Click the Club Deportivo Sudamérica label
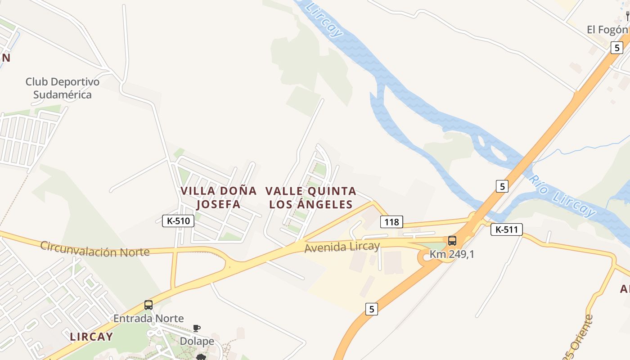click(62, 88)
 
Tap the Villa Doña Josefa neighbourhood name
click(219, 197)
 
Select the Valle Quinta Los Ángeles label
click(311, 197)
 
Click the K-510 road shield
click(178, 221)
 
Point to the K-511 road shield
click(507, 229)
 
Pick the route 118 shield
click(391, 222)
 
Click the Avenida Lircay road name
click(342, 247)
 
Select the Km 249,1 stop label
click(452, 254)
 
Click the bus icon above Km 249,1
click(452, 241)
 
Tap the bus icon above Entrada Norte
click(148, 305)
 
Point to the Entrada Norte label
click(148, 319)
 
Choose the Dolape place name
click(197, 341)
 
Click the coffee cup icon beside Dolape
click(197, 328)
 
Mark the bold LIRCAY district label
click(91, 337)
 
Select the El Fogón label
click(607, 30)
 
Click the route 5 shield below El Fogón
click(616, 48)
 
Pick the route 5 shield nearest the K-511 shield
click(502, 186)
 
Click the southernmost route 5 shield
click(371, 309)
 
